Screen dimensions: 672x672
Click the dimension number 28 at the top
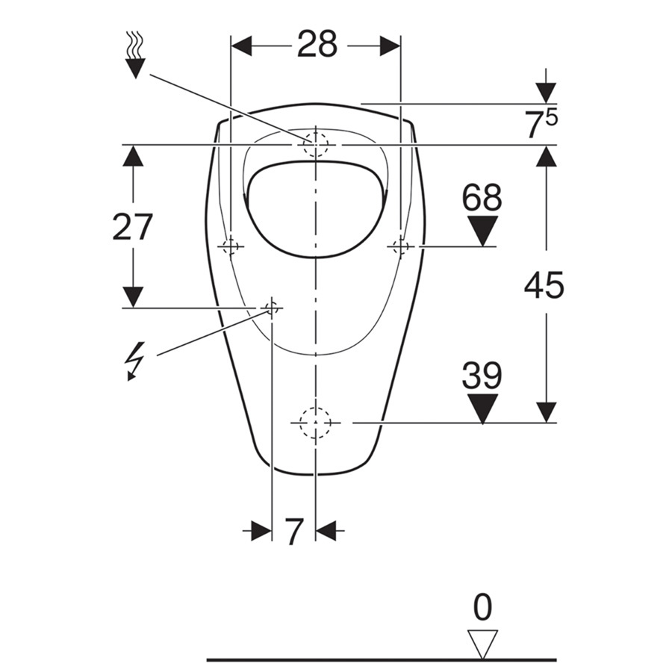pos(317,44)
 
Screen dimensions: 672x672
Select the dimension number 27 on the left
pos(132,227)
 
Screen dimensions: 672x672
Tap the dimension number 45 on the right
pos(544,285)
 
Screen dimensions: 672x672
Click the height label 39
pos(482,375)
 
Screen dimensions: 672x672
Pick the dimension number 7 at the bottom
pos(294,532)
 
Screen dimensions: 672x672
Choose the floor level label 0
pos(482,607)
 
